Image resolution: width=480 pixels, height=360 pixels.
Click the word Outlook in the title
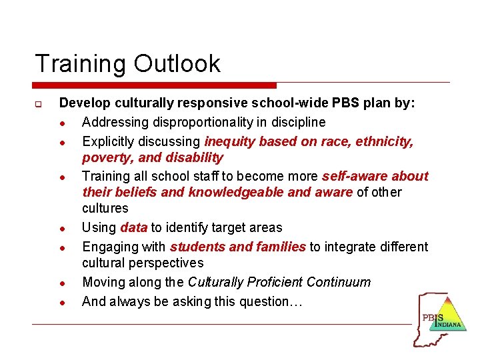[x=177, y=64]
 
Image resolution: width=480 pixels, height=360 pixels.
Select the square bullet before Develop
[x=40, y=105]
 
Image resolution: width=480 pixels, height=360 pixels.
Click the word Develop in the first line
[x=83, y=104]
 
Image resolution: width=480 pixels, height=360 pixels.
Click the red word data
[x=134, y=228]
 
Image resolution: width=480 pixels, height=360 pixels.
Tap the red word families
[x=277, y=247]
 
